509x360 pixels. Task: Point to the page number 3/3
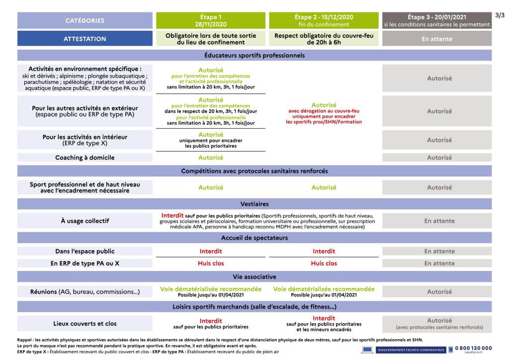[501, 15]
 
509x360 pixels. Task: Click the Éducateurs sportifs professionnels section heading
[254, 55]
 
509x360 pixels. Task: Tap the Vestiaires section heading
[254, 204]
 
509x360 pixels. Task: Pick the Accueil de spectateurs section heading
[254, 238]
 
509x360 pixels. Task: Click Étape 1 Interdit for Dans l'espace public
[211, 251]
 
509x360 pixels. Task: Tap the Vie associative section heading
[254, 276]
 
